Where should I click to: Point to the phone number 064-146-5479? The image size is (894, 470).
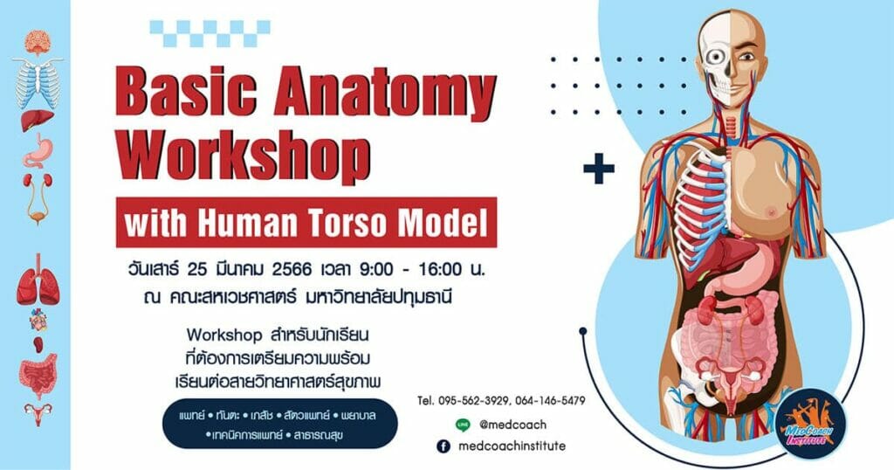(x=551, y=401)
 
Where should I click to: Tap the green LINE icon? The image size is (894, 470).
(x=463, y=425)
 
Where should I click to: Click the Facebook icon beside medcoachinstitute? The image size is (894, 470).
(x=444, y=446)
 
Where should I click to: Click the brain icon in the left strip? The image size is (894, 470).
(x=38, y=41)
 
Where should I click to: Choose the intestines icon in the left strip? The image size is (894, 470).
(x=38, y=373)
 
